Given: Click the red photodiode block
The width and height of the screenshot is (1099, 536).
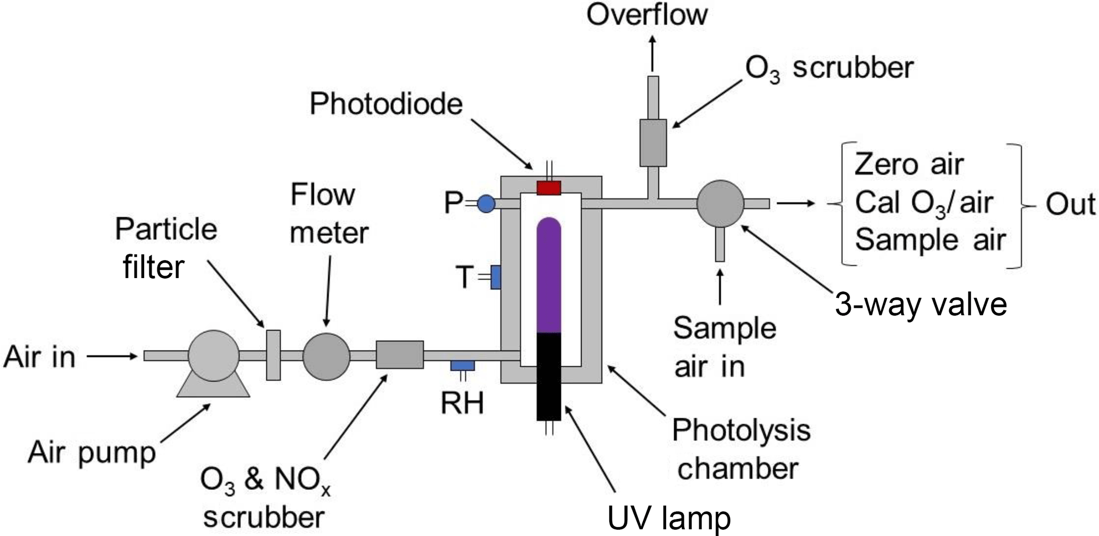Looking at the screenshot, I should [549, 188].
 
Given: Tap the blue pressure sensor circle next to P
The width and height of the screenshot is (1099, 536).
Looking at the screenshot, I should [486, 204].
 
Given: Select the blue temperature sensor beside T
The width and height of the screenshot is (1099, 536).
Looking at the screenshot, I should [496, 277].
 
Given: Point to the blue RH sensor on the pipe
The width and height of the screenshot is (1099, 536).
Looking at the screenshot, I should [463, 366].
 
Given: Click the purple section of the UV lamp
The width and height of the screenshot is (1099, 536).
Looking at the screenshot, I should [549, 277].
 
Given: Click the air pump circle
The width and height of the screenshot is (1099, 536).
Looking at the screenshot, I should [214, 355].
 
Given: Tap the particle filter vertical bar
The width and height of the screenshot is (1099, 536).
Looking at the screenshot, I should [273, 355].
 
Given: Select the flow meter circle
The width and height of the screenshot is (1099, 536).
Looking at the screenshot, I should [326, 356].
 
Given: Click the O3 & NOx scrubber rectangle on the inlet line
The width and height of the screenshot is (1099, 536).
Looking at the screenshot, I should [400, 355].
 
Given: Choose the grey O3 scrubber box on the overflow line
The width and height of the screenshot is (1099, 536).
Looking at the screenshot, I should [653, 143].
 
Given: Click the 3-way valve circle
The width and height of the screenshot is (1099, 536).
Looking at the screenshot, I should [720, 204].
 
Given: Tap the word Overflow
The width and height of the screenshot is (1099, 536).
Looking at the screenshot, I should [647, 15].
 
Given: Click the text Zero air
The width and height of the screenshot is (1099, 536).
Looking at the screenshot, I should [909, 165].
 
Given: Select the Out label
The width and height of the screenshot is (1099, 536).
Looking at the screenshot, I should [1070, 205].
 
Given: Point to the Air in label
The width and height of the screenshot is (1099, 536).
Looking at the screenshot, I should [39, 357].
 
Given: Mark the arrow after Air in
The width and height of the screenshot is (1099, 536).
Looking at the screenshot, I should [112, 356].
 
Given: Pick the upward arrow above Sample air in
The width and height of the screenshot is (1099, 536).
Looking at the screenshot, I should [720, 287].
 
